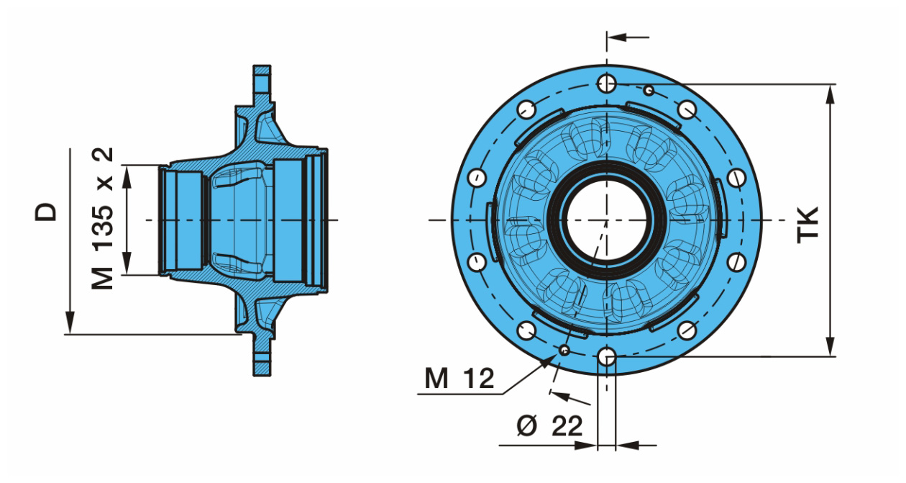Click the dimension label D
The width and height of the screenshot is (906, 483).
tap(45, 212)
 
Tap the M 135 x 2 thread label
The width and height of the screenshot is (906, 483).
tap(102, 219)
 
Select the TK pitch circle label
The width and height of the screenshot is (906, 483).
tap(807, 225)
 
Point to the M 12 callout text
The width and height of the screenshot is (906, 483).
tap(459, 378)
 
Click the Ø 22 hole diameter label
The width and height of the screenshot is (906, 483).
tap(549, 425)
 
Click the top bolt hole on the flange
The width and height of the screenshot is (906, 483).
tap(606, 83)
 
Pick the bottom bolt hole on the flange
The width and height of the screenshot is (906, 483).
tap(606, 357)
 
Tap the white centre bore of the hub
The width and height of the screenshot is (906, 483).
tap(606, 220)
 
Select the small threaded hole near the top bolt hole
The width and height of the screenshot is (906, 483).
tap(649, 90)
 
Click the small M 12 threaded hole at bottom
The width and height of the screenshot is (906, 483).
tap(564, 350)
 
